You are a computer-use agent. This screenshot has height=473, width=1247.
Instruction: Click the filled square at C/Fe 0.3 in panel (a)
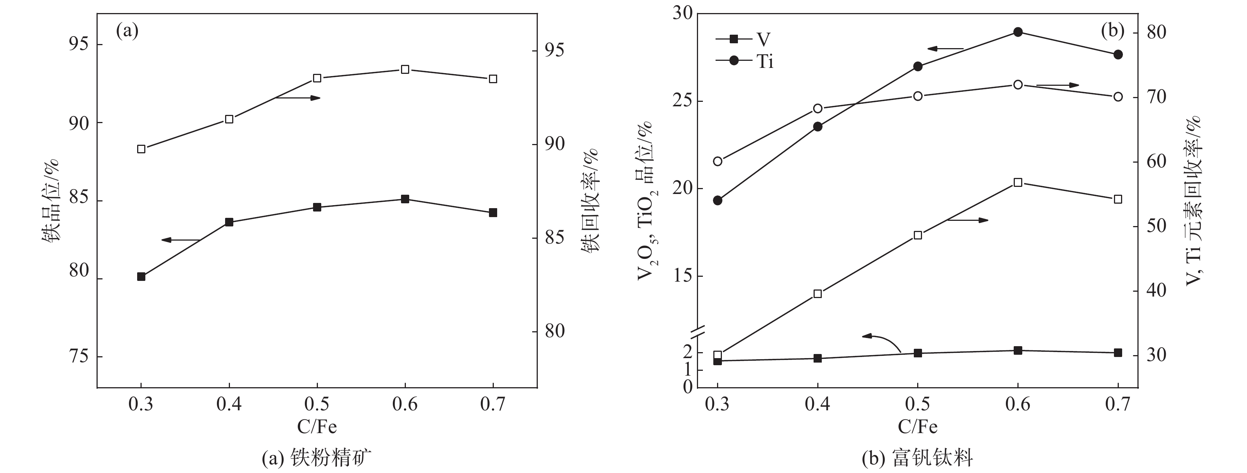click(x=141, y=277)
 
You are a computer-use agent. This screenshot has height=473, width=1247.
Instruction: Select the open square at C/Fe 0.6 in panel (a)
click(x=405, y=69)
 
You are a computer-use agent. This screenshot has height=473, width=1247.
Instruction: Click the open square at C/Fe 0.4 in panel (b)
click(x=818, y=294)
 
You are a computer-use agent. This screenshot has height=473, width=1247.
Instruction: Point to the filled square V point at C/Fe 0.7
click(x=1118, y=353)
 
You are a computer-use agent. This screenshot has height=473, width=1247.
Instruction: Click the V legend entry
click(x=743, y=39)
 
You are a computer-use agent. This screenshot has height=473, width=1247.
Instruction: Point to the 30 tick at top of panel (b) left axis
click(x=682, y=13)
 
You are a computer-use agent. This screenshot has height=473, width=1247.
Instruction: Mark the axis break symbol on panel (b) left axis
click(x=696, y=332)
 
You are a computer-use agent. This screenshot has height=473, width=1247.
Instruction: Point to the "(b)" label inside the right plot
click(x=1112, y=31)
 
